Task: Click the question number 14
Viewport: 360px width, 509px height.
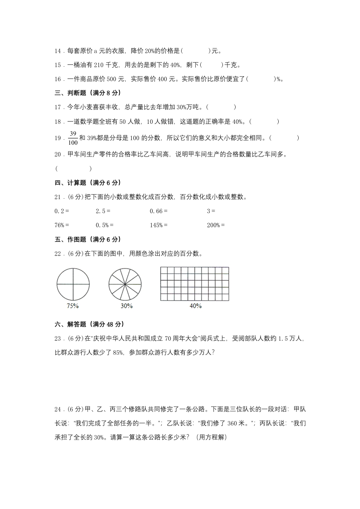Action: pos(58,51)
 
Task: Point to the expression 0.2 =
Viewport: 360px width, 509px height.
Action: pos(62,211)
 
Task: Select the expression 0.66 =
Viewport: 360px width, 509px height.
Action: pos(158,211)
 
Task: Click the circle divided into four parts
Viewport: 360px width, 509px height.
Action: pos(73,284)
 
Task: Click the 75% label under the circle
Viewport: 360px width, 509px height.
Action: pos(73,306)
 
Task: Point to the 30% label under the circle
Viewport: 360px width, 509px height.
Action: pos(127,306)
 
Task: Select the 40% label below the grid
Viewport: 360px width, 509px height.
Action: pos(195,306)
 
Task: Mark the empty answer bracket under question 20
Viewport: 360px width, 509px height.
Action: pos(73,169)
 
